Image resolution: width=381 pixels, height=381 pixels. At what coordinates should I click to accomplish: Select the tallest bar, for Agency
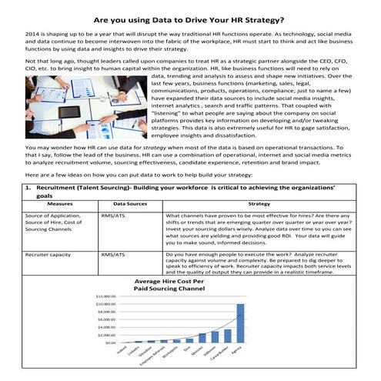(x=240, y=323)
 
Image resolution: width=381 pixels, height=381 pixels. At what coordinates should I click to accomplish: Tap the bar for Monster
(x=202, y=337)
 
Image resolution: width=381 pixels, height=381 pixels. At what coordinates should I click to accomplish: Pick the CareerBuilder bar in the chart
(x=227, y=335)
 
